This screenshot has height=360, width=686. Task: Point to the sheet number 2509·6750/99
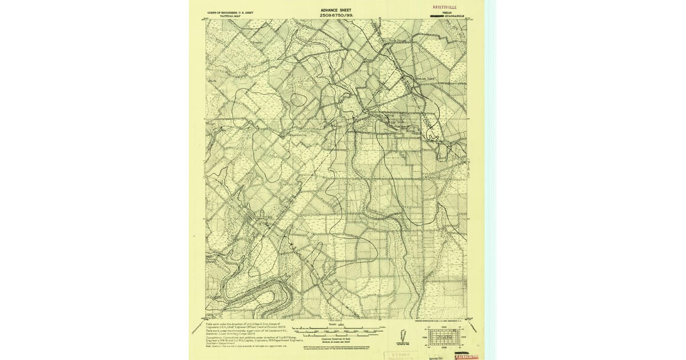pyautogui.click(x=337, y=15)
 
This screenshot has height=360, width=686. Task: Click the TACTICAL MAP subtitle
pyautogui.click(x=230, y=16)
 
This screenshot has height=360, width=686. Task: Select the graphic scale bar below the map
pyautogui.click(x=337, y=330)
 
